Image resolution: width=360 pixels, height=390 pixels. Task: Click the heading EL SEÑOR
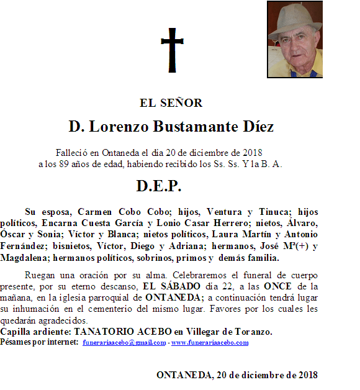(x=171, y=103)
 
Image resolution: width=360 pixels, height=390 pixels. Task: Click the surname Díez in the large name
(x=256, y=127)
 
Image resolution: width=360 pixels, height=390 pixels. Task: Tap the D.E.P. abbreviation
(x=159, y=186)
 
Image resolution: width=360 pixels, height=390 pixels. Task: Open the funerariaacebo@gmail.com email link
(x=124, y=342)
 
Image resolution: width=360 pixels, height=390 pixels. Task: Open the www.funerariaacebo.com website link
(x=210, y=342)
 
